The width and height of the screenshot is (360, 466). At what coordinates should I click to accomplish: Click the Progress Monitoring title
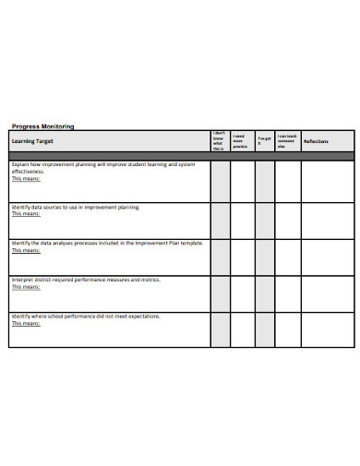(x=42, y=125)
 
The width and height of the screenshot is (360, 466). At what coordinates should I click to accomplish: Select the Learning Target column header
(x=30, y=140)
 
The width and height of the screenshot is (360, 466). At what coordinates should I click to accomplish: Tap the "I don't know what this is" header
(x=219, y=140)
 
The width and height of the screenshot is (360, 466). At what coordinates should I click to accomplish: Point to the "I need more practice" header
(x=240, y=140)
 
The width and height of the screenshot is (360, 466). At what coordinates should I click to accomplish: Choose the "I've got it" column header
(x=264, y=140)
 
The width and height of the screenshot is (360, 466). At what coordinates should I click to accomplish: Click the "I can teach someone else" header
(x=287, y=140)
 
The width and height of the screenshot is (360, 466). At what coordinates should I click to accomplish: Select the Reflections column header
(x=317, y=140)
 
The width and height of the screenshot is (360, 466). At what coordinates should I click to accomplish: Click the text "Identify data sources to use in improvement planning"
(x=76, y=208)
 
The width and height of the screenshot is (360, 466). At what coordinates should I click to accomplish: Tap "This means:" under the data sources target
(x=26, y=214)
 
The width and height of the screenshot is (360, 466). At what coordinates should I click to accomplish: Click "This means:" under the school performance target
(x=26, y=323)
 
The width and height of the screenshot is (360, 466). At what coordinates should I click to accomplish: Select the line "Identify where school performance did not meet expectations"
(x=85, y=316)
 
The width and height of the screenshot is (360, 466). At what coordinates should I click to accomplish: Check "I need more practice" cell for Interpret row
(x=242, y=293)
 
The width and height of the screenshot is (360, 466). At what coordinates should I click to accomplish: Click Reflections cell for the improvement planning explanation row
(x=328, y=182)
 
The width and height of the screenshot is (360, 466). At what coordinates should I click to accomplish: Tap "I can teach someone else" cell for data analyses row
(x=288, y=257)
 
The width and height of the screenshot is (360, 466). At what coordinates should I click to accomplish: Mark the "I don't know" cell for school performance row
(x=220, y=329)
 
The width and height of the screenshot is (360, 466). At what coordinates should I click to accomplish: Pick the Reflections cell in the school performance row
(x=328, y=329)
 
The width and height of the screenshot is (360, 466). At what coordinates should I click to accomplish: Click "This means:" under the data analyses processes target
(x=26, y=250)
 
